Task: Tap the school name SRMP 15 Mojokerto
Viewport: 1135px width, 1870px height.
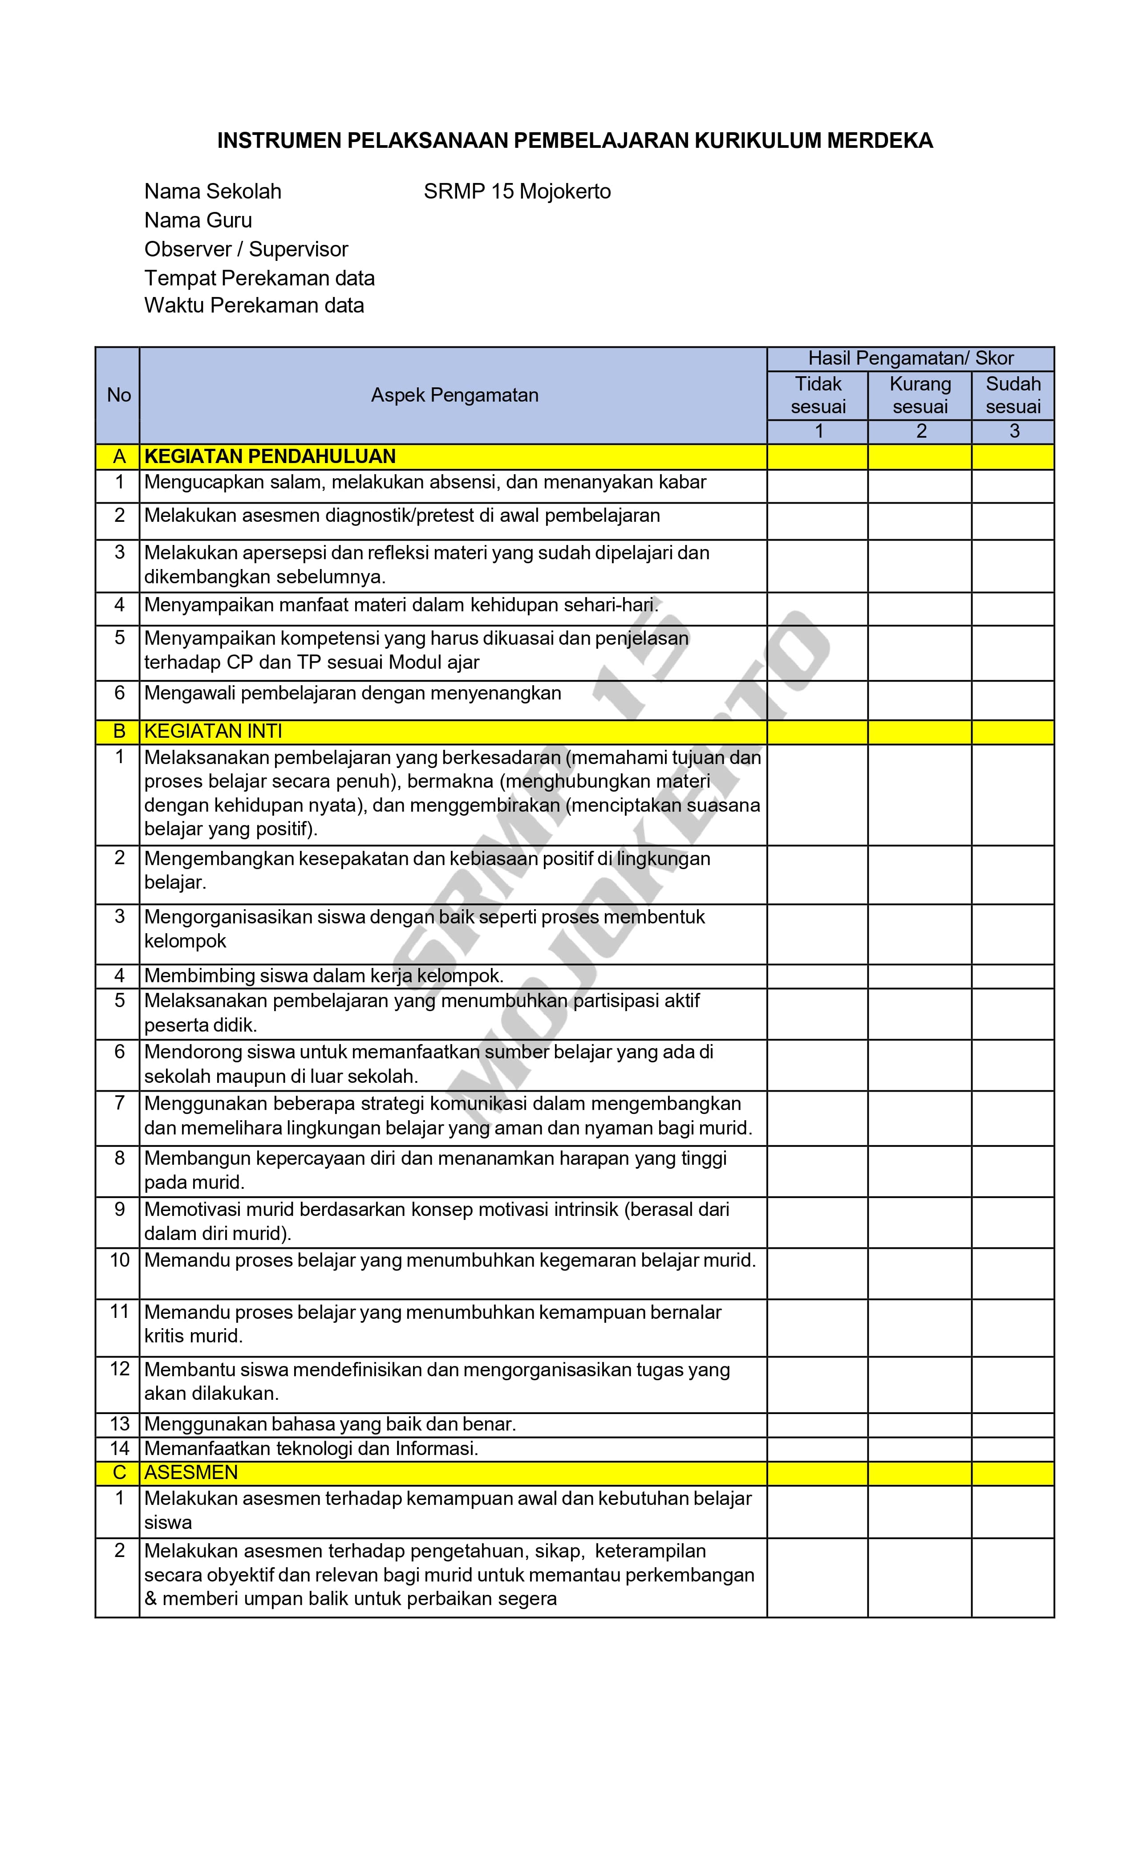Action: (517, 191)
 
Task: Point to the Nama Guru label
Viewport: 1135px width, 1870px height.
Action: (198, 220)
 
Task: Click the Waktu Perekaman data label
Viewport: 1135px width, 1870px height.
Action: (254, 305)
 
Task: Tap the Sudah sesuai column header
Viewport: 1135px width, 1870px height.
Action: (1013, 394)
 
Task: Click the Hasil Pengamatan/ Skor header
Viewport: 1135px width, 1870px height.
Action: (910, 358)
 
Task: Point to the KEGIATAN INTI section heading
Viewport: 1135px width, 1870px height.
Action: (213, 731)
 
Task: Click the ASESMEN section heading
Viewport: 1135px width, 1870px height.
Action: (191, 1472)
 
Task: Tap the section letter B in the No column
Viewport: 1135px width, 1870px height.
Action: (119, 731)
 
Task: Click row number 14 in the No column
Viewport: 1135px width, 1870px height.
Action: (119, 1448)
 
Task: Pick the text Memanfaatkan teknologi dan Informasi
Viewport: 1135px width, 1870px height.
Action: (311, 1448)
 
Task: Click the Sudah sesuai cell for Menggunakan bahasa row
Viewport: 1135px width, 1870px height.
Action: (1013, 1424)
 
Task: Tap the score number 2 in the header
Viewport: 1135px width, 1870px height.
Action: (920, 431)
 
